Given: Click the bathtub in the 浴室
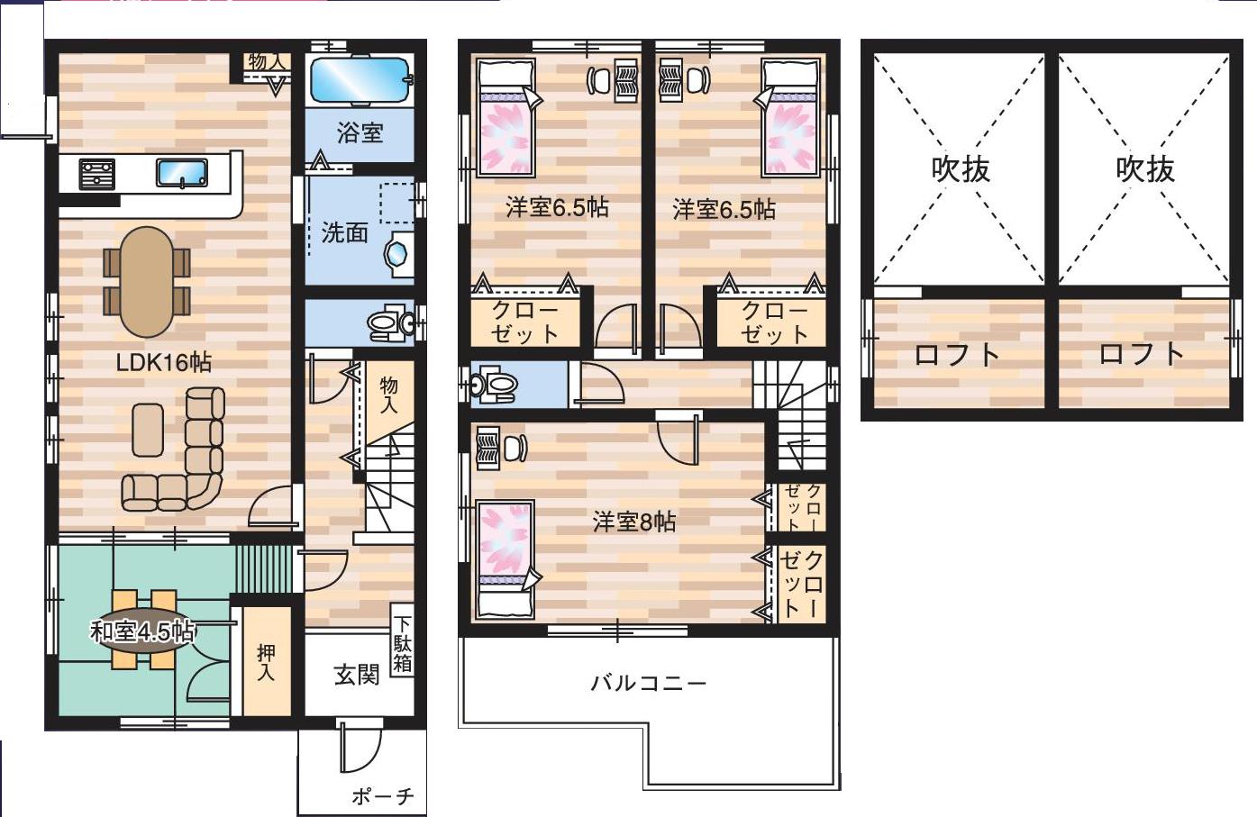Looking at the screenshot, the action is (360, 81).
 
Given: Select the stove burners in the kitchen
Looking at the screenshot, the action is (96, 174).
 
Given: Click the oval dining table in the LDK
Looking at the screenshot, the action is (148, 282).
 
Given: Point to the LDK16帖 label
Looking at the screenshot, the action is (163, 363).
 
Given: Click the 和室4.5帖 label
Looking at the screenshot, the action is (142, 631).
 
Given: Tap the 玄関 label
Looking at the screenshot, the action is (357, 675).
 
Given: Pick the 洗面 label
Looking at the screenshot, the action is (344, 232).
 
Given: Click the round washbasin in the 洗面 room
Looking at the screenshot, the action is (397, 254).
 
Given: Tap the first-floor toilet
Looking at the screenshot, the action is (390, 323).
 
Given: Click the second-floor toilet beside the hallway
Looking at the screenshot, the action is (494, 385).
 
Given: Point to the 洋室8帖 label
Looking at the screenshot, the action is (634, 522).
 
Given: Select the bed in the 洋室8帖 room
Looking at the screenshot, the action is (505, 560).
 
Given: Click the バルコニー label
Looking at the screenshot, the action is (649, 683).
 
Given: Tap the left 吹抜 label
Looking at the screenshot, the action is (961, 169).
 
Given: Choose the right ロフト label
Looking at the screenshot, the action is (1142, 354).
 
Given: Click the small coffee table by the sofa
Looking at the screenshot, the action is (148, 431).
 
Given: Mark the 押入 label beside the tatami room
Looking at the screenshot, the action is (266, 663).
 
